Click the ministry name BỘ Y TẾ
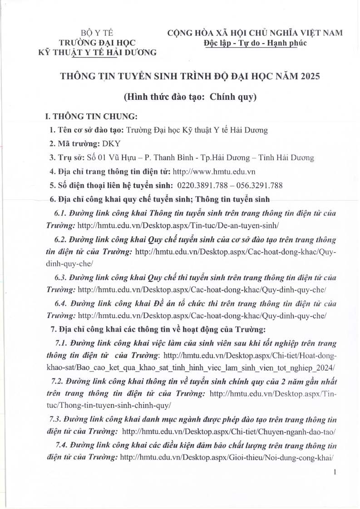tap(97, 33)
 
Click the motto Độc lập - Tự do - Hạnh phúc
tap(255, 43)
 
